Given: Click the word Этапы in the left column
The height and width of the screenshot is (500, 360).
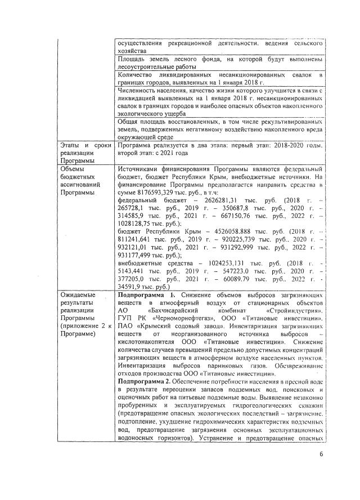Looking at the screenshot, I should [x=71, y=145].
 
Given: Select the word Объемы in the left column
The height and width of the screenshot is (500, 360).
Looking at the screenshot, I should [x=73, y=169].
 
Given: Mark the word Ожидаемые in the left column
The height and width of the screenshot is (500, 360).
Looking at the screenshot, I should [x=78, y=295].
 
